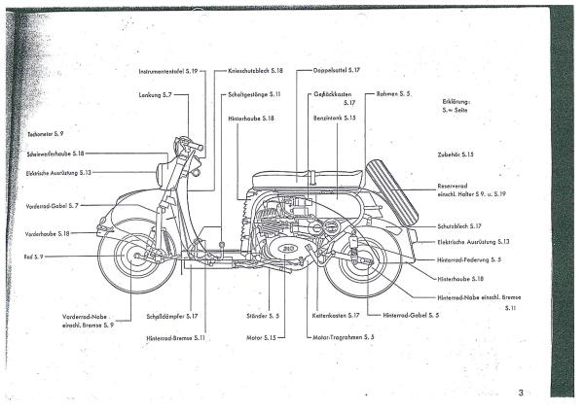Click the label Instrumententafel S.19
tap(169, 71)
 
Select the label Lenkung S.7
tap(154, 94)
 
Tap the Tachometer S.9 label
tap(45, 132)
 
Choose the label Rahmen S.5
tap(393, 94)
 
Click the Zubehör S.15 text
tap(455, 154)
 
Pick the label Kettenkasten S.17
tap(337, 316)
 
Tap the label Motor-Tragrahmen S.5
tap(344, 336)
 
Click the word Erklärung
tap(456, 102)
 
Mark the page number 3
tap(521, 392)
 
